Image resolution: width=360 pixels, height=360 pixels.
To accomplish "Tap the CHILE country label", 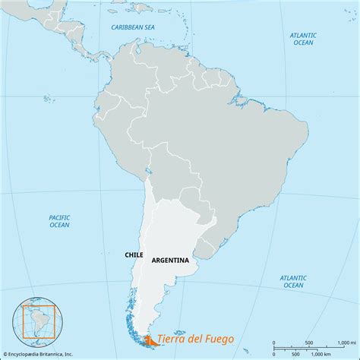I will coord(133,255).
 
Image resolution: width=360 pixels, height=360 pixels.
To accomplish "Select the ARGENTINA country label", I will coord(170,260).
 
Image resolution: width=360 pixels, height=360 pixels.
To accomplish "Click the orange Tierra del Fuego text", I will coord(196,339).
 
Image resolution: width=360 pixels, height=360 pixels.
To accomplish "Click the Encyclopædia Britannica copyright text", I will coord(44,354).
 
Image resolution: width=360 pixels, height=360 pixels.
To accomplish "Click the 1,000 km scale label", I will coord(326,354).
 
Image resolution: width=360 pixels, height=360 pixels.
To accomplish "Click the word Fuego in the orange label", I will coord(218,339).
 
